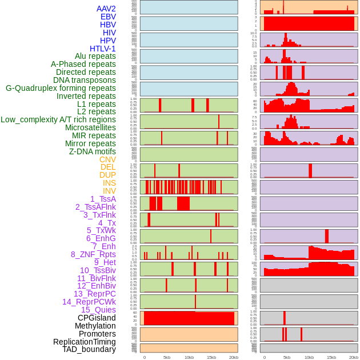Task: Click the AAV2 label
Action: click(x=106, y=9)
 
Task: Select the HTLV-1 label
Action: click(x=103, y=49)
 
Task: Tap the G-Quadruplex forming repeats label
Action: click(x=61, y=88)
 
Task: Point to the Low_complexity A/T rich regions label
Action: click(x=58, y=119)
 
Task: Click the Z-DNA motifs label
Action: click(x=93, y=151)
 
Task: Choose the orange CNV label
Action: click(x=107, y=159)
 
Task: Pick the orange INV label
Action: click(x=109, y=191)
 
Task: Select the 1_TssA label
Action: click(x=103, y=199)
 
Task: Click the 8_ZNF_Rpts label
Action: click(x=93, y=254)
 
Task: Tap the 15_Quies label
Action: click(x=98, y=310)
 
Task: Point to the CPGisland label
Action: click(x=97, y=318)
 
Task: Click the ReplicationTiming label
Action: click(x=84, y=342)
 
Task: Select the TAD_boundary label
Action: click(x=89, y=349)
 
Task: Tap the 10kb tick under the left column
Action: click(x=189, y=357)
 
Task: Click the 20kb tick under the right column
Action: click(x=354, y=357)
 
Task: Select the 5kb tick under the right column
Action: click(x=287, y=357)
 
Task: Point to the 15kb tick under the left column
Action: click(x=211, y=357)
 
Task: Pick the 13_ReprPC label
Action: click(x=94, y=294)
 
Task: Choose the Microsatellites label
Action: click(x=90, y=127)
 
